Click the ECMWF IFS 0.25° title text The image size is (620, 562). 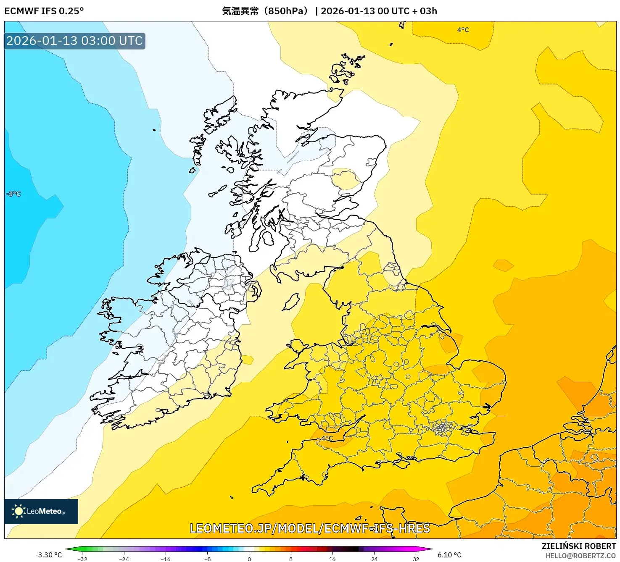coord(44,11)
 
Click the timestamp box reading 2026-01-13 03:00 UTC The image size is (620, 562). coord(74,41)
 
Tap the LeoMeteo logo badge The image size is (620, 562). coord(41,511)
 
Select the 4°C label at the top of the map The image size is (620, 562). coord(463,30)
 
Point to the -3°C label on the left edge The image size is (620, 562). coord(13,194)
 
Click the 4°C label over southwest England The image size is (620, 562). coord(327,438)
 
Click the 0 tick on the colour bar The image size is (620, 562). coord(249,559)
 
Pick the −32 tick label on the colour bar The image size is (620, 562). coord(82,559)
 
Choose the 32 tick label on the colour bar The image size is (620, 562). coord(416,559)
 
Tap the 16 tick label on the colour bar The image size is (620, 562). coord(332,559)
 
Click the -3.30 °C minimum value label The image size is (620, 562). coord(48,555)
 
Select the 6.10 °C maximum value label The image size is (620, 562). coord(449,555)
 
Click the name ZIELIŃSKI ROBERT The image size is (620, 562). coord(579,546)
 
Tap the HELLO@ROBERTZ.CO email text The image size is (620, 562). coord(580,556)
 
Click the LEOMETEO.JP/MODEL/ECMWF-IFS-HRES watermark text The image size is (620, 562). coord(310,528)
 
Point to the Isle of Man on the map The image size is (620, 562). coord(291,302)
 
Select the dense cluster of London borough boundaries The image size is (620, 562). coord(442,428)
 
